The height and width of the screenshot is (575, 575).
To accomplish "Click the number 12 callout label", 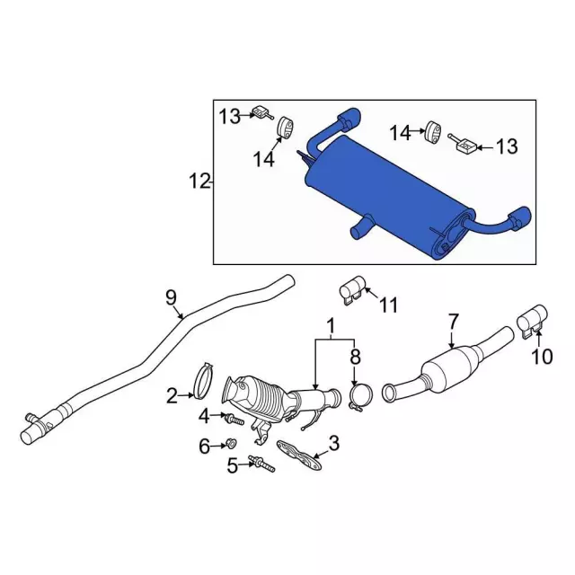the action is coord(199,181).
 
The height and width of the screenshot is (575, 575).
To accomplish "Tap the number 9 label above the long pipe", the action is coord(171,297).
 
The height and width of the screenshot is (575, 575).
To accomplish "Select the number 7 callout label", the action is coord(454,322).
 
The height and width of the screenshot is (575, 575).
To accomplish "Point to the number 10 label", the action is coord(542,356).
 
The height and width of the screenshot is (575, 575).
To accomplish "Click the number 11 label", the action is coord(389,305).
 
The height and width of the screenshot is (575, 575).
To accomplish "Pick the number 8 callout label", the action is coord(355,357).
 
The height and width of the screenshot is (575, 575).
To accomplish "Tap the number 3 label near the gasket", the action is coord(334,443).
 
